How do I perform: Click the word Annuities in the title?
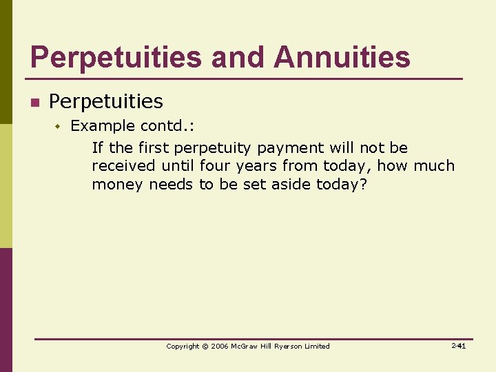[342, 57]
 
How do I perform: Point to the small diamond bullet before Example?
[59, 126]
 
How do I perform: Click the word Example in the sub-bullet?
[103, 126]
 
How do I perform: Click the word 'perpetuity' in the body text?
[214, 148]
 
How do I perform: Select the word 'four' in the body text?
[216, 166]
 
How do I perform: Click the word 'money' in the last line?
[118, 185]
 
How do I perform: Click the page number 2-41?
[458, 346]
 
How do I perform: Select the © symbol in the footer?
[205, 347]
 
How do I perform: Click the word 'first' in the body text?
[154, 148]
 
